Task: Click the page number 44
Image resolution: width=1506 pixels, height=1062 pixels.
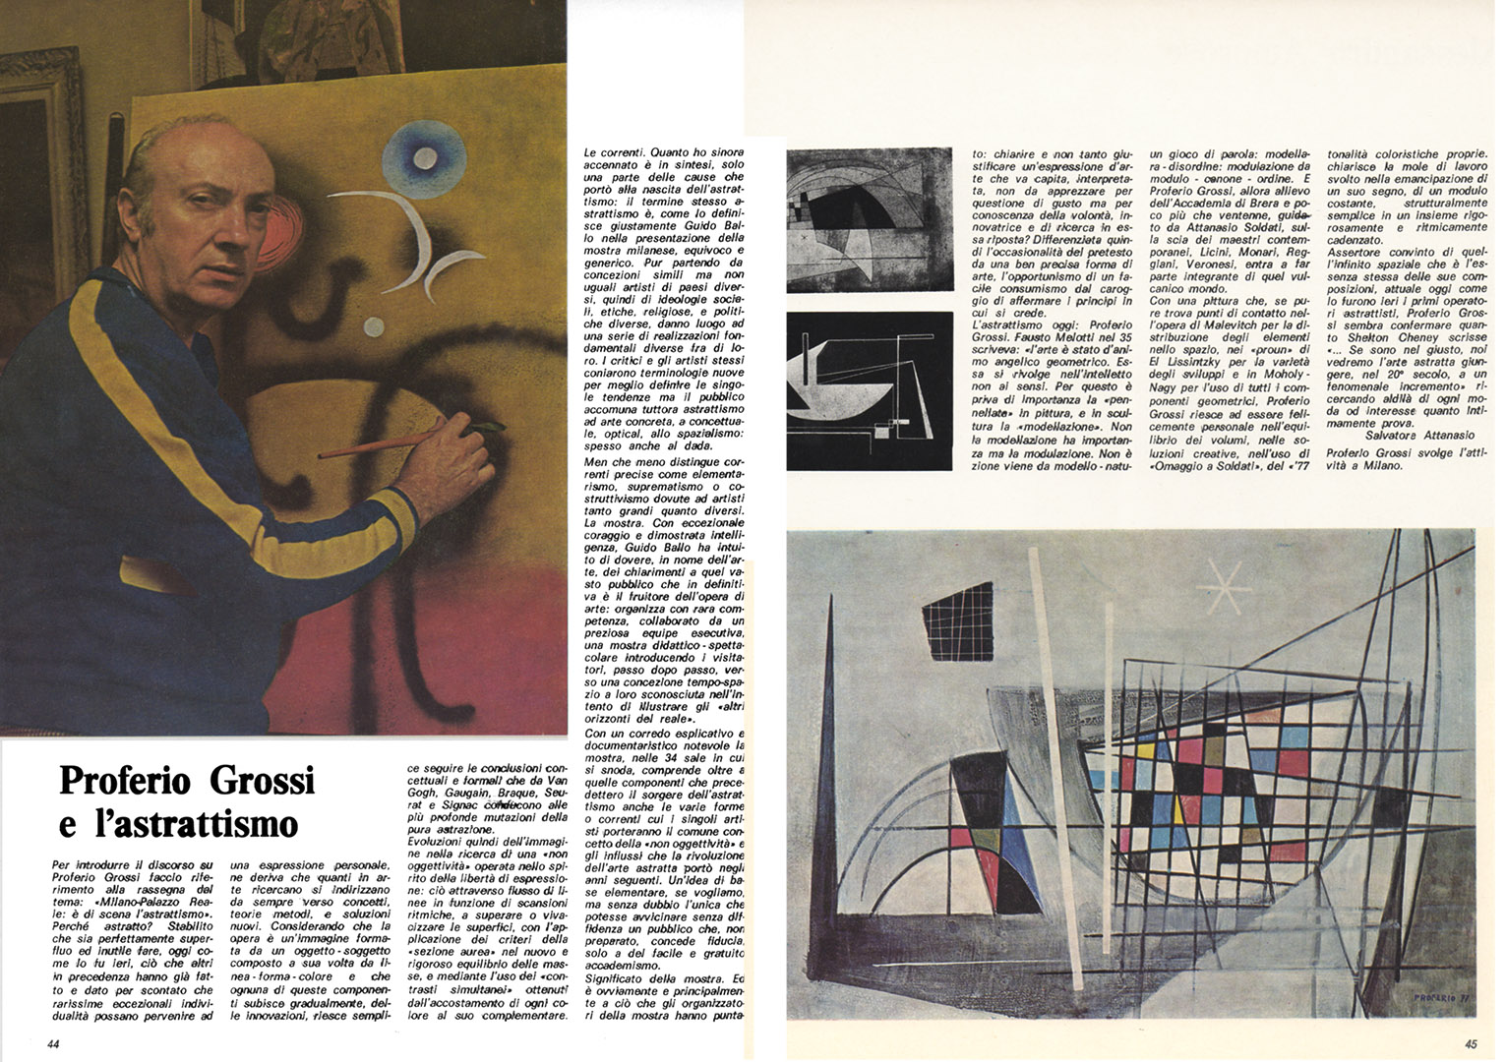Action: (x=53, y=1043)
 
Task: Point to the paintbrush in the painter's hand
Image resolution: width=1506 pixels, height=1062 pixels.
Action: (x=413, y=440)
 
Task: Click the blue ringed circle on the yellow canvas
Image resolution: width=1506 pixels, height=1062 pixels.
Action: (x=424, y=156)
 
